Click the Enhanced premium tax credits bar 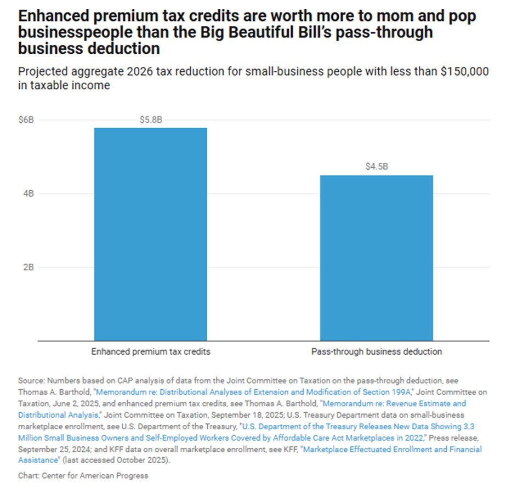click(x=150, y=234)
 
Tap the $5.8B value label click(x=150, y=120)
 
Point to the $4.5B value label click(x=376, y=167)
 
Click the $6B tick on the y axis click(x=26, y=120)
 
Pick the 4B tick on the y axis click(x=29, y=194)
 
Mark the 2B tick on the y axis click(x=29, y=268)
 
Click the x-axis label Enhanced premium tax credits click(x=150, y=352)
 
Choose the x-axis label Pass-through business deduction click(x=376, y=352)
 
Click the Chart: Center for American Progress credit click(x=83, y=475)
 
